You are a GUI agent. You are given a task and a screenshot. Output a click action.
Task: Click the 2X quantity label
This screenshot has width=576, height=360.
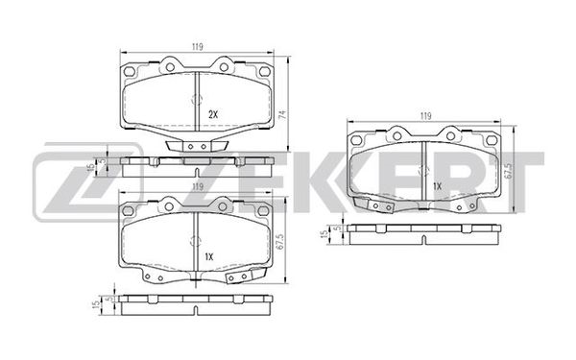coord(213,114)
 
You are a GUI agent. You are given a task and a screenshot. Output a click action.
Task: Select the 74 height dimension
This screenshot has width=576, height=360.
coord(282,114)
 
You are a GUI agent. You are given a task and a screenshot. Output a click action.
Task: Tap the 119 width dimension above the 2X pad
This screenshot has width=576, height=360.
coord(197,47)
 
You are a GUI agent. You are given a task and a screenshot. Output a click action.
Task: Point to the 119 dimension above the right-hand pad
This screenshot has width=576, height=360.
coord(425,116)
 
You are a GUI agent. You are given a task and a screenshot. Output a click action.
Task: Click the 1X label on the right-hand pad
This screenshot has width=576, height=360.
coord(437,186)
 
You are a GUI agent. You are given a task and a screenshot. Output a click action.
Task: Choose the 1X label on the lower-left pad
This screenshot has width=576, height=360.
coord(208,256)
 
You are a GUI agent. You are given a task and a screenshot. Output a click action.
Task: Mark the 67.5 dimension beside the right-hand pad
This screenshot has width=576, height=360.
coord(509,171)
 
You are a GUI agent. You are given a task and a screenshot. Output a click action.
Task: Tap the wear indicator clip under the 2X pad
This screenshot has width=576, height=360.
coord(197,146)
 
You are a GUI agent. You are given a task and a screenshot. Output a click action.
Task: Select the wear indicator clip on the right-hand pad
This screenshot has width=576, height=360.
coord(373,204)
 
